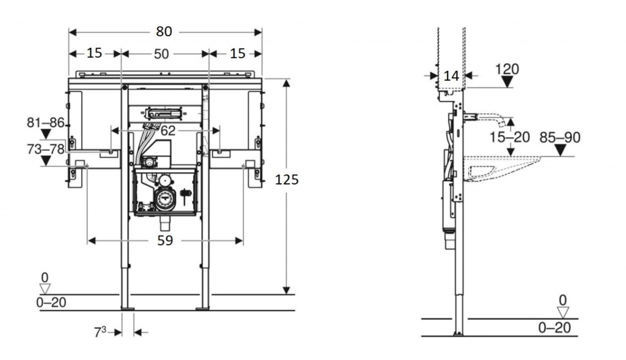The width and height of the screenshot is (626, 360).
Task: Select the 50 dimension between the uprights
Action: pyautogui.click(x=161, y=54)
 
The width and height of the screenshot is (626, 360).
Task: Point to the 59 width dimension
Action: pyautogui.click(x=164, y=241)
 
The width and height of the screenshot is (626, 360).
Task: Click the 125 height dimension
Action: pyautogui.click(x=287, y=180)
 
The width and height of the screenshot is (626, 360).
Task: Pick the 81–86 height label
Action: pyautogui.click(x=46, y=122)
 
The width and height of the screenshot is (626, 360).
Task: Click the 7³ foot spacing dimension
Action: pyautogui.click(x=100, y=332)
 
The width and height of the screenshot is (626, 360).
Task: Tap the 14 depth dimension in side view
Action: pyautogui.click(x=451, y=76)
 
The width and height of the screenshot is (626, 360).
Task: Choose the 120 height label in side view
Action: pyautogui.click(x=507, y=69)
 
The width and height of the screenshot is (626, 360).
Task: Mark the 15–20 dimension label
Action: pyautogui.click(x=509, y=137)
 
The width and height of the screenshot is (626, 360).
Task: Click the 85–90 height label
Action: pyautogui.click(x=560, y=138)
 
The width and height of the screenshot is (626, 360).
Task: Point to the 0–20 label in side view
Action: pyautogui.click(x=554, y=328)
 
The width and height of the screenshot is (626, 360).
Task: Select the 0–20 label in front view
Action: pyautogui.click(x=51, y=301)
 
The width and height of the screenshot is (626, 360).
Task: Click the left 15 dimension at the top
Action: pyautogui.click(x=94, y=53)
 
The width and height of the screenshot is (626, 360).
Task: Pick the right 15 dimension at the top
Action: pyautogui.click(x=238, y=53)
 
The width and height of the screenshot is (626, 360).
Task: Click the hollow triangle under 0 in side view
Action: pyautogui.click(x=562, y=312)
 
